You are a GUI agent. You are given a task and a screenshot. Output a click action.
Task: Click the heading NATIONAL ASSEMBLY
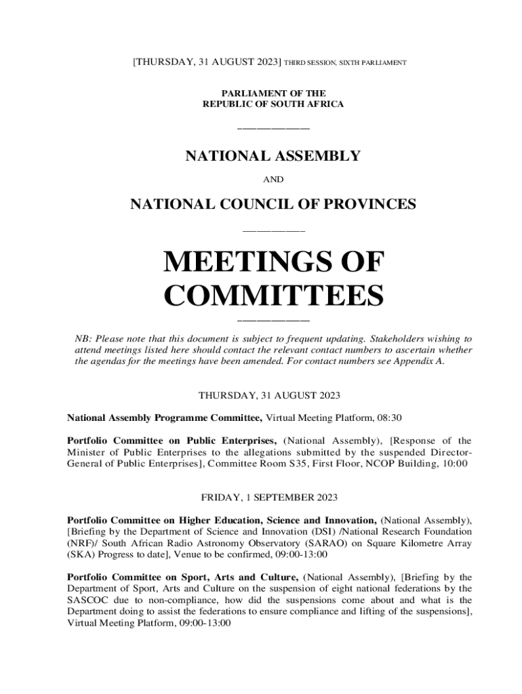(x=273, y=157)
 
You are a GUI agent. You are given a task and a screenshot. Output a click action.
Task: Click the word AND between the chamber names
(x=273, y=180)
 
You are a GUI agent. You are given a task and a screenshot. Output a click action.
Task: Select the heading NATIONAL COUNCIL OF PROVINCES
(x=273, y=204)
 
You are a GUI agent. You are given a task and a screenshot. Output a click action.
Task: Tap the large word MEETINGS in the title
(x=274, y=262)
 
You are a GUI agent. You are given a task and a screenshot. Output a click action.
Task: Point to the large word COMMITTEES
(x=274, y=296)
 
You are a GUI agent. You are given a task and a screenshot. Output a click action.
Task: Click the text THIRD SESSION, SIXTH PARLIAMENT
(x=345, y=63)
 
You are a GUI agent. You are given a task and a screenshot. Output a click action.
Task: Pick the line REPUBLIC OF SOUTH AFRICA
(x=273, y=104)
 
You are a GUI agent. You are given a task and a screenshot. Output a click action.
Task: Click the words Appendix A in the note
(x=422, y=362)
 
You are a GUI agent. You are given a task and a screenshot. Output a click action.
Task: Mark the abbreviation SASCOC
(x=89, y=600)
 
